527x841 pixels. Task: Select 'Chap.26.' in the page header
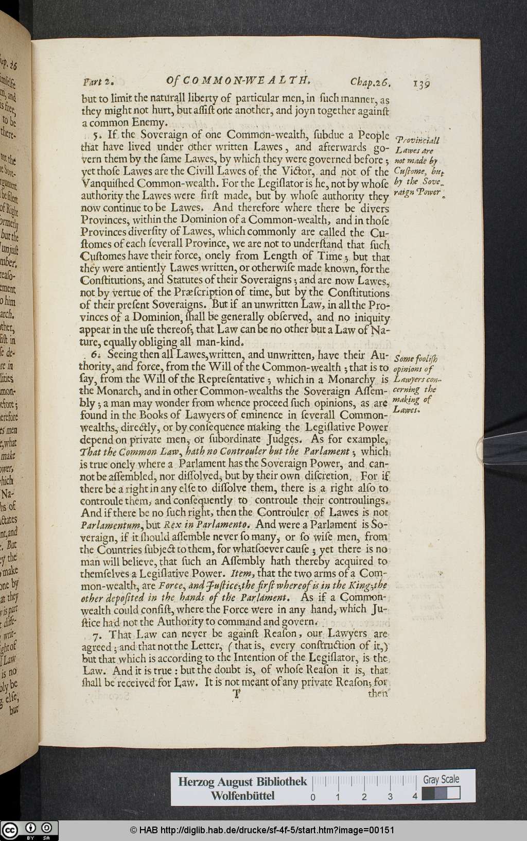click(x=373, y=81)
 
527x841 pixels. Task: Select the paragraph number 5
click(x=96, y=135)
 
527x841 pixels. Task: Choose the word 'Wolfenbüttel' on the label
click(x=242, y=796)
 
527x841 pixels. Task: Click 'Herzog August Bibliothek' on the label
click(x=242, y=781)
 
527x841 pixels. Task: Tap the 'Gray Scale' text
click(x=441, y=779)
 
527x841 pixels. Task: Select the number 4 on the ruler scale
click(x=415, y=797)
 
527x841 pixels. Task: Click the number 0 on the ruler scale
click(x=312, y=797)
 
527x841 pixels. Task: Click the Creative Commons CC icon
click(x=10, y=830)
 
